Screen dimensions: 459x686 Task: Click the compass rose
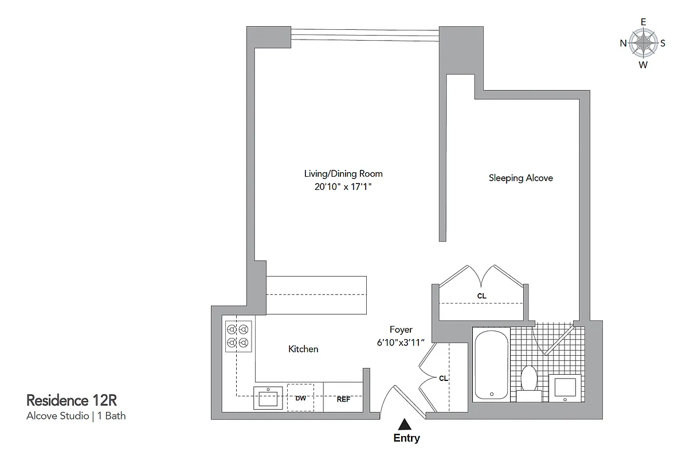point(643,43)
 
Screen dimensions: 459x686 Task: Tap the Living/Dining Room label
point(343,173)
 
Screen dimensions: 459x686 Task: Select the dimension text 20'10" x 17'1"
point(343,186)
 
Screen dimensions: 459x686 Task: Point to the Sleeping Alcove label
point(520,178)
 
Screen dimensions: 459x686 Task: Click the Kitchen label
point(303,349)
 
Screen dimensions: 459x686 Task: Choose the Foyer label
point(401,330)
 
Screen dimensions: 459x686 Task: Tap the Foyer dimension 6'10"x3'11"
point(401,343)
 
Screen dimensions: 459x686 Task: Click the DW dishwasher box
point(301,398)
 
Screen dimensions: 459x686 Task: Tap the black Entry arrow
point(405,424)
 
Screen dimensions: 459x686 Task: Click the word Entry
point(406,438)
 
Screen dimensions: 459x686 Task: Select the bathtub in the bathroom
point(491,366)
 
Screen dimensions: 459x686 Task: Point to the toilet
point(528,381)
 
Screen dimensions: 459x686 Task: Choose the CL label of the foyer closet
point(443,379)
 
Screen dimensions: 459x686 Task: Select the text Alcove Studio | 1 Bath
point(76,416)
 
